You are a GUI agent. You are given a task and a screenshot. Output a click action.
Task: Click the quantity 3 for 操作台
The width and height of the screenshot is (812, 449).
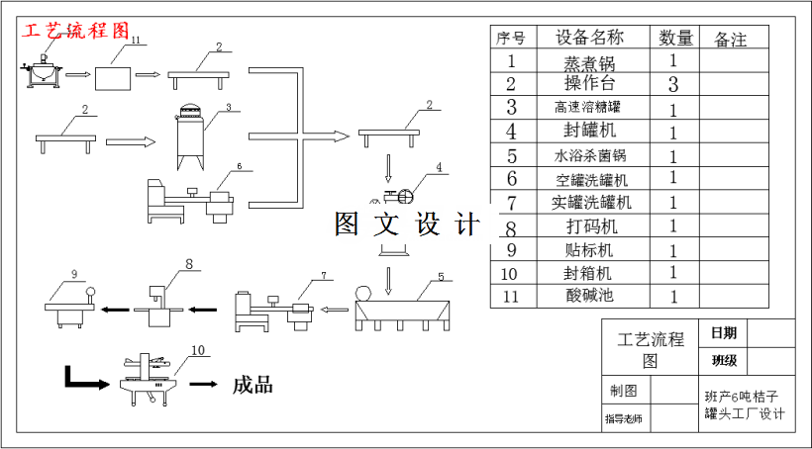coord(673,84)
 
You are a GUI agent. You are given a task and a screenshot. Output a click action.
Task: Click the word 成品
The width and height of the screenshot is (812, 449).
coord(253,385)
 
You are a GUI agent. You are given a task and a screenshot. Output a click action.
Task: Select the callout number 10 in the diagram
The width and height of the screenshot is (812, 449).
coord(198,350)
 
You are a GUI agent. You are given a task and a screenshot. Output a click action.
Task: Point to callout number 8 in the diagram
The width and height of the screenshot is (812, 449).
coord(188,264)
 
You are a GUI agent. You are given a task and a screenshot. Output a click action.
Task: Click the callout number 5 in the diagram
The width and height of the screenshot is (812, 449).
coord(441,278)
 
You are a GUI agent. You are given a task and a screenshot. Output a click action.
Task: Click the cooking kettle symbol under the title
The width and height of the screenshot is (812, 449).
coord(43,71)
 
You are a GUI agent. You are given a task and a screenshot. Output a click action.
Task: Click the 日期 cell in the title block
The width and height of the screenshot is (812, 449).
coord(723,332)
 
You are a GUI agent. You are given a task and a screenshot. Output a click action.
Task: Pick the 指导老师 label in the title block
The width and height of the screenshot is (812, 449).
coord(624,419)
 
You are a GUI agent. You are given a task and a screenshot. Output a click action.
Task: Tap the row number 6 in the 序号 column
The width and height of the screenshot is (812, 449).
coord(512,179)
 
